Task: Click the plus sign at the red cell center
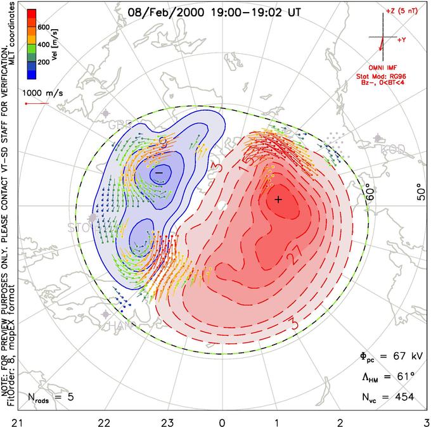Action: point(278,200)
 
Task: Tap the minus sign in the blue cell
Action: point(159,172)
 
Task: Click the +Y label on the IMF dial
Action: point(402,39)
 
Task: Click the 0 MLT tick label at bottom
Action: point(222,421)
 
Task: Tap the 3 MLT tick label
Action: point(426,421)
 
